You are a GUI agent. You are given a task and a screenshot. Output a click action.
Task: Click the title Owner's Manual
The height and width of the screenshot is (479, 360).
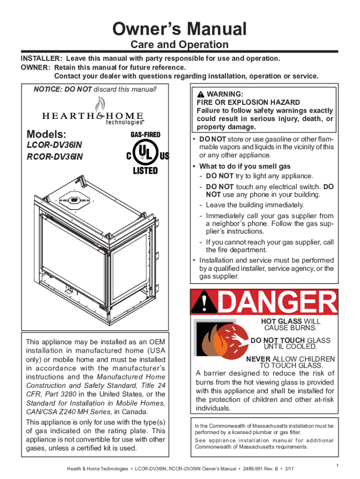pos(180,29)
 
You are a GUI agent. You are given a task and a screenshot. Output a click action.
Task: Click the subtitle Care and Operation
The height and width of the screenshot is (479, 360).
pos(180,45)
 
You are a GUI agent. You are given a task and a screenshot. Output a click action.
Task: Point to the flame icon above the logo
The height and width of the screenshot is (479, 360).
pos(98,104)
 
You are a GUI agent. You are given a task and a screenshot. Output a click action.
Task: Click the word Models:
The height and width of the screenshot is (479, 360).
pos(43,134)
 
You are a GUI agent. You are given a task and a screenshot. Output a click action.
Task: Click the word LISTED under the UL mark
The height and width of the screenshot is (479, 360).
pos(144,170)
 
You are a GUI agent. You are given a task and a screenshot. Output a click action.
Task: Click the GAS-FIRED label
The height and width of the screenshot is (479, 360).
pos(145,135)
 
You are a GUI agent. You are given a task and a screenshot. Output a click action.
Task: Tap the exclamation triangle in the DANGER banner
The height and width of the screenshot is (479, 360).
pos(204,304)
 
